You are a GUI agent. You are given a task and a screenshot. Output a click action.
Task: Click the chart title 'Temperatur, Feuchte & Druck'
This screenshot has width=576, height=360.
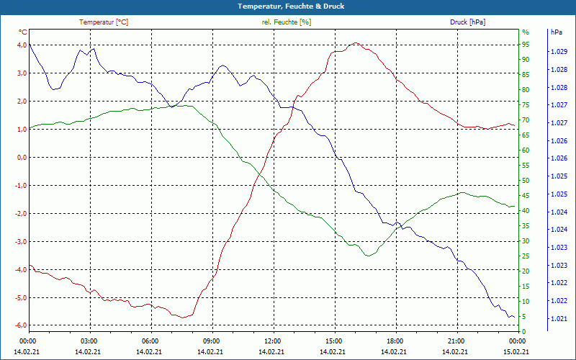[x=287, y=6]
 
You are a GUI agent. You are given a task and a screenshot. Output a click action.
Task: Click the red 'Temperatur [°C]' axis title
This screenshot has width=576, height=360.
[x=104, y=22]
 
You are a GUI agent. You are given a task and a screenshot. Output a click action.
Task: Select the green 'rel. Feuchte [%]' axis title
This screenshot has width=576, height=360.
[x=287, y=22]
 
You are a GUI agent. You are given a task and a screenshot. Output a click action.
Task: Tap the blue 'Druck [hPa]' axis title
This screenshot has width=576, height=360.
[x=467, y=22]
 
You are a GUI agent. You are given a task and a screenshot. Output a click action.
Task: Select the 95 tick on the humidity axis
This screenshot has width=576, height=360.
[x=526, y=45]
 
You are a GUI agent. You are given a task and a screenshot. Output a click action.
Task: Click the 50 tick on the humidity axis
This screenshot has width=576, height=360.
[x=526, y=180]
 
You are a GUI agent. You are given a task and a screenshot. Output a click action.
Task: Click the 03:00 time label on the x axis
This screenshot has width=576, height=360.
[x=89, y=341]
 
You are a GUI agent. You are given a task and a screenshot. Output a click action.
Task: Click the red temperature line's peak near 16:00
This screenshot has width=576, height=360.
[x=354, y=43]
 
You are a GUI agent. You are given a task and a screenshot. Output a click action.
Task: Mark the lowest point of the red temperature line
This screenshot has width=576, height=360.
[x=184, y=317]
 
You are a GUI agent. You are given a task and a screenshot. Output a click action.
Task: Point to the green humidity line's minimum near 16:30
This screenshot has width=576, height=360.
[x=368, y=256]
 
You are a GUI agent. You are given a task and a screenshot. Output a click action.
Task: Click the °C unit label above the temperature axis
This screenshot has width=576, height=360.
[x=23, y=32]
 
